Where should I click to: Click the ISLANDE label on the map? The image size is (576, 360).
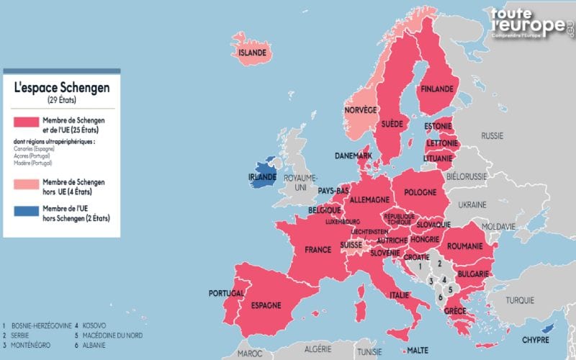pos(253,53)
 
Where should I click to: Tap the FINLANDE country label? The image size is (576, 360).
pos(436,89)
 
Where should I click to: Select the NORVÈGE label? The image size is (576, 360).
pos(361,109)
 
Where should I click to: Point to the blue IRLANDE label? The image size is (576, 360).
pos(263,176)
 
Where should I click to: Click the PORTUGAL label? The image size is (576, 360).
pos(226,293)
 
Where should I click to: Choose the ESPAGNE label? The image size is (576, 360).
pos(266,305)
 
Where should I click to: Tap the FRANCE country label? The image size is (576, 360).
pos(318,250)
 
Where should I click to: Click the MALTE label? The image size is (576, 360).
pos(418,351)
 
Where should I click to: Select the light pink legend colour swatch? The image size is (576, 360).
pos(25,186)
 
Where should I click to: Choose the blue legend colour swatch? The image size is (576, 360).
pos(25,212)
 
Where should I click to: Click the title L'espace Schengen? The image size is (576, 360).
pos(62,87)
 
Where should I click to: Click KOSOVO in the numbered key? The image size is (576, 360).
pos(94,325)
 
